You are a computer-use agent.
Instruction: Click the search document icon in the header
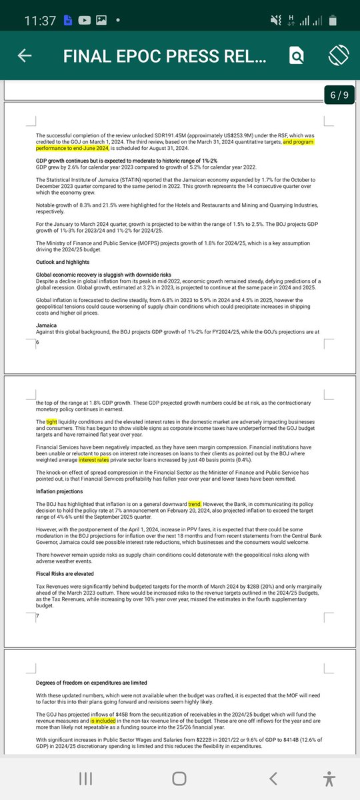point(296,57)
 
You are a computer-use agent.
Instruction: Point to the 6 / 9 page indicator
point(339,95)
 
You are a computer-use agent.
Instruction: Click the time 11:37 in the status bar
point(40,21)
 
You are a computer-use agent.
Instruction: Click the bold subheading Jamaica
point(47,325)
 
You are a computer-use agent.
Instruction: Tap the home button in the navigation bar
point(179,779)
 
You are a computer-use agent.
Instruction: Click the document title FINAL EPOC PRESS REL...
point(165,57)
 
